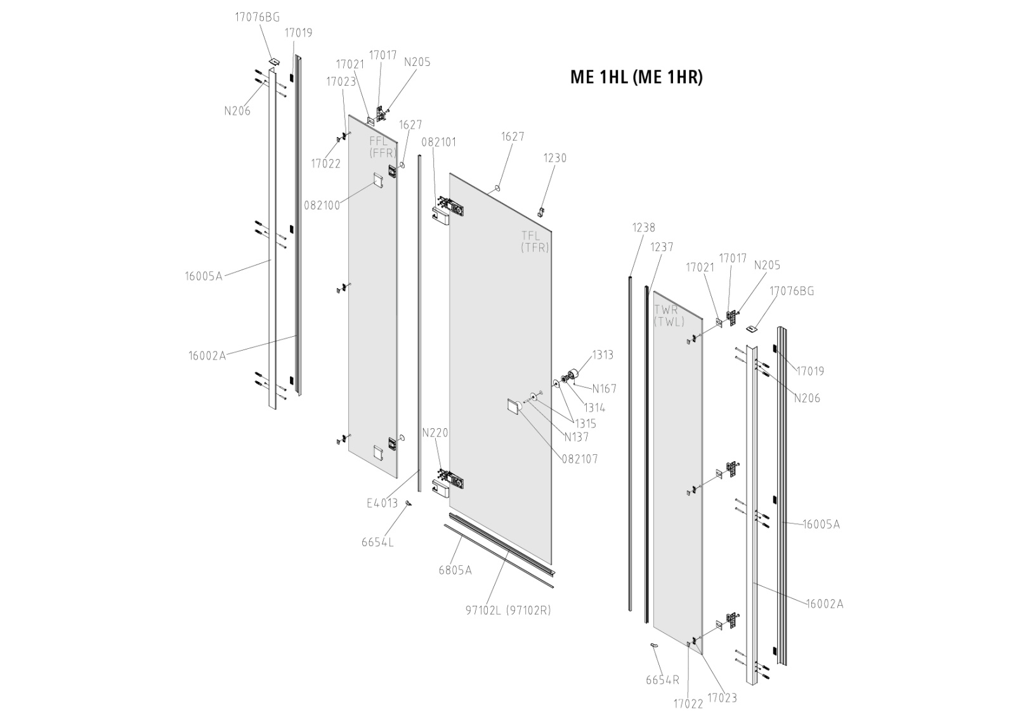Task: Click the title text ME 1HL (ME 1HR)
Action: tap(636, 77)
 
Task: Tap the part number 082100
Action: tap(322, 206)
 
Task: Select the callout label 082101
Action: tap(438, 142)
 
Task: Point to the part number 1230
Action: tap(555, 158)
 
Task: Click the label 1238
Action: tap(643, 228)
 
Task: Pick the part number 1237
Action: tap(662, 247)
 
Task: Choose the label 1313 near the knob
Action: tap(603, 355)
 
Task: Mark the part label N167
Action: tap(604, 389)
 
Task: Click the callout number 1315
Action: tap(586, 424)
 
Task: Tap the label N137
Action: tap(577, 437)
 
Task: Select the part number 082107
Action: tap(580, 459)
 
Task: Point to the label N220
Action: tap(435, 433)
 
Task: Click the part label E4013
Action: tap(382, 503)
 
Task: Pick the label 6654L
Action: tap(377, 542)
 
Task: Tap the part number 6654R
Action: tap(662, 680)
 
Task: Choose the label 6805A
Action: tap(455, 570)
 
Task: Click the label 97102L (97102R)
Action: tap(508, 611)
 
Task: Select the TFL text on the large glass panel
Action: tap(530, 235)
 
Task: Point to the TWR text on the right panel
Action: tap(666, 310)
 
